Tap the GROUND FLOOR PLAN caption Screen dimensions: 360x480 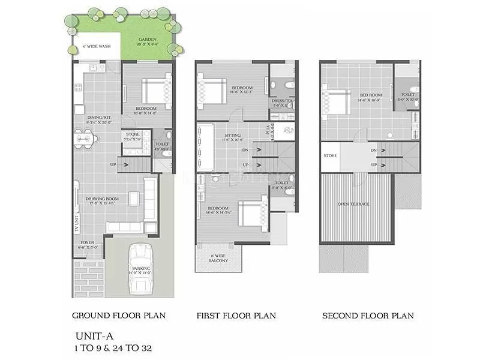[119, 315]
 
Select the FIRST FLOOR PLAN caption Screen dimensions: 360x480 [236, 315]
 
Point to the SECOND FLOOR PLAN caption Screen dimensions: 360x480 [368, 315]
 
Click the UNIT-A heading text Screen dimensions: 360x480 [92, 336]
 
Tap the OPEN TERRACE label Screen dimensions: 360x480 [353, 205]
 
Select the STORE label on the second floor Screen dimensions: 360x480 [330, 155]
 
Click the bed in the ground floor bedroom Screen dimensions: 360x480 [155, 91]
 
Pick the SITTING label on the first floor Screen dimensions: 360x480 [232, 136]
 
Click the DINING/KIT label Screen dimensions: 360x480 [99, 118]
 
